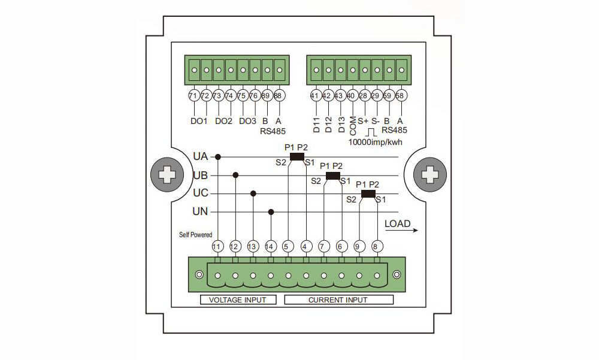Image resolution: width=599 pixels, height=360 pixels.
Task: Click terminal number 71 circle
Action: pyautogui.click(x=193, y=96)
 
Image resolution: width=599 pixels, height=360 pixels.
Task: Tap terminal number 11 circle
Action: pyautogui.click(x=217, y=246)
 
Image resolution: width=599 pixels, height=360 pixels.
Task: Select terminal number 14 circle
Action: pyautogui.click(x=271, y=246)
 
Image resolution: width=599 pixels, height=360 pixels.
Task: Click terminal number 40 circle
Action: pyautogui.click(x=352, y=96)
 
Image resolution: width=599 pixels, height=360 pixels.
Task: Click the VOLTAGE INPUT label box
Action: pyautogui.click(x=238, y=300)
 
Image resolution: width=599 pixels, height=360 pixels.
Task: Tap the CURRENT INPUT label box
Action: pyautogui.click(x=338, y=300)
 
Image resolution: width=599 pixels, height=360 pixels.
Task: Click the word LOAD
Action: pyautogui.click(x=398, y=224)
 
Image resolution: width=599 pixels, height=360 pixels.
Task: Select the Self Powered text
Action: pyautogui.click(x=195, y=235)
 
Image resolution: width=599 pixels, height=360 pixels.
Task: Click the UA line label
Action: pyautogui.click(x=200, y=157)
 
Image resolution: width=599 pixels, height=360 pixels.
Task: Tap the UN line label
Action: pyautogui.click(x=200, y=211)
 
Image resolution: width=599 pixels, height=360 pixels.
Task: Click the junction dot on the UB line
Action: pyautogui.click(x=235, y=176)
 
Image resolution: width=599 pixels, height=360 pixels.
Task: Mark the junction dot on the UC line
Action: pyautogui.click(x=253, y=193)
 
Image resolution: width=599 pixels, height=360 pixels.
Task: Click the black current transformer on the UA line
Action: pyautogui.click(x=297, y=157)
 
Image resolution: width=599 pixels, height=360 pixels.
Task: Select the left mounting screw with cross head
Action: pyautogui.click(x=166, y=176)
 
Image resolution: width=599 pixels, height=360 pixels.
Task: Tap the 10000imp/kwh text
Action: pyautogui.click(x=375, y=143)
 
